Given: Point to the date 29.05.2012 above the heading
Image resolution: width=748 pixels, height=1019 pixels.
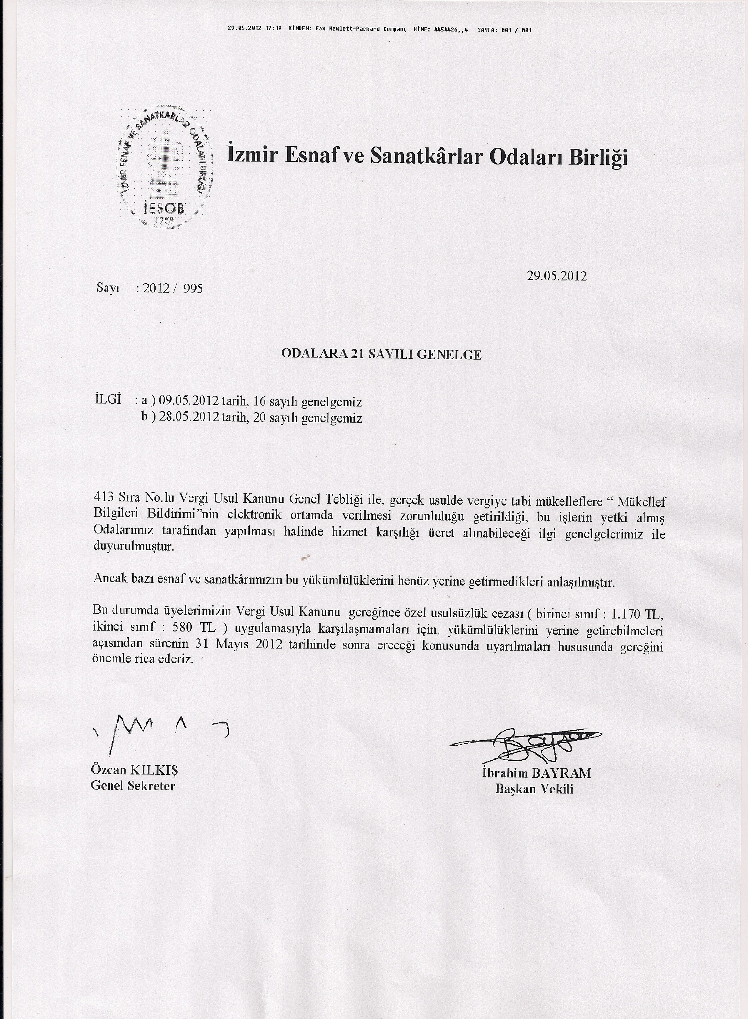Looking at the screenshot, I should (557, 276).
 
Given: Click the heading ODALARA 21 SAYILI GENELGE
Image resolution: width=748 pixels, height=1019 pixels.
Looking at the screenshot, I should (381, 355).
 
